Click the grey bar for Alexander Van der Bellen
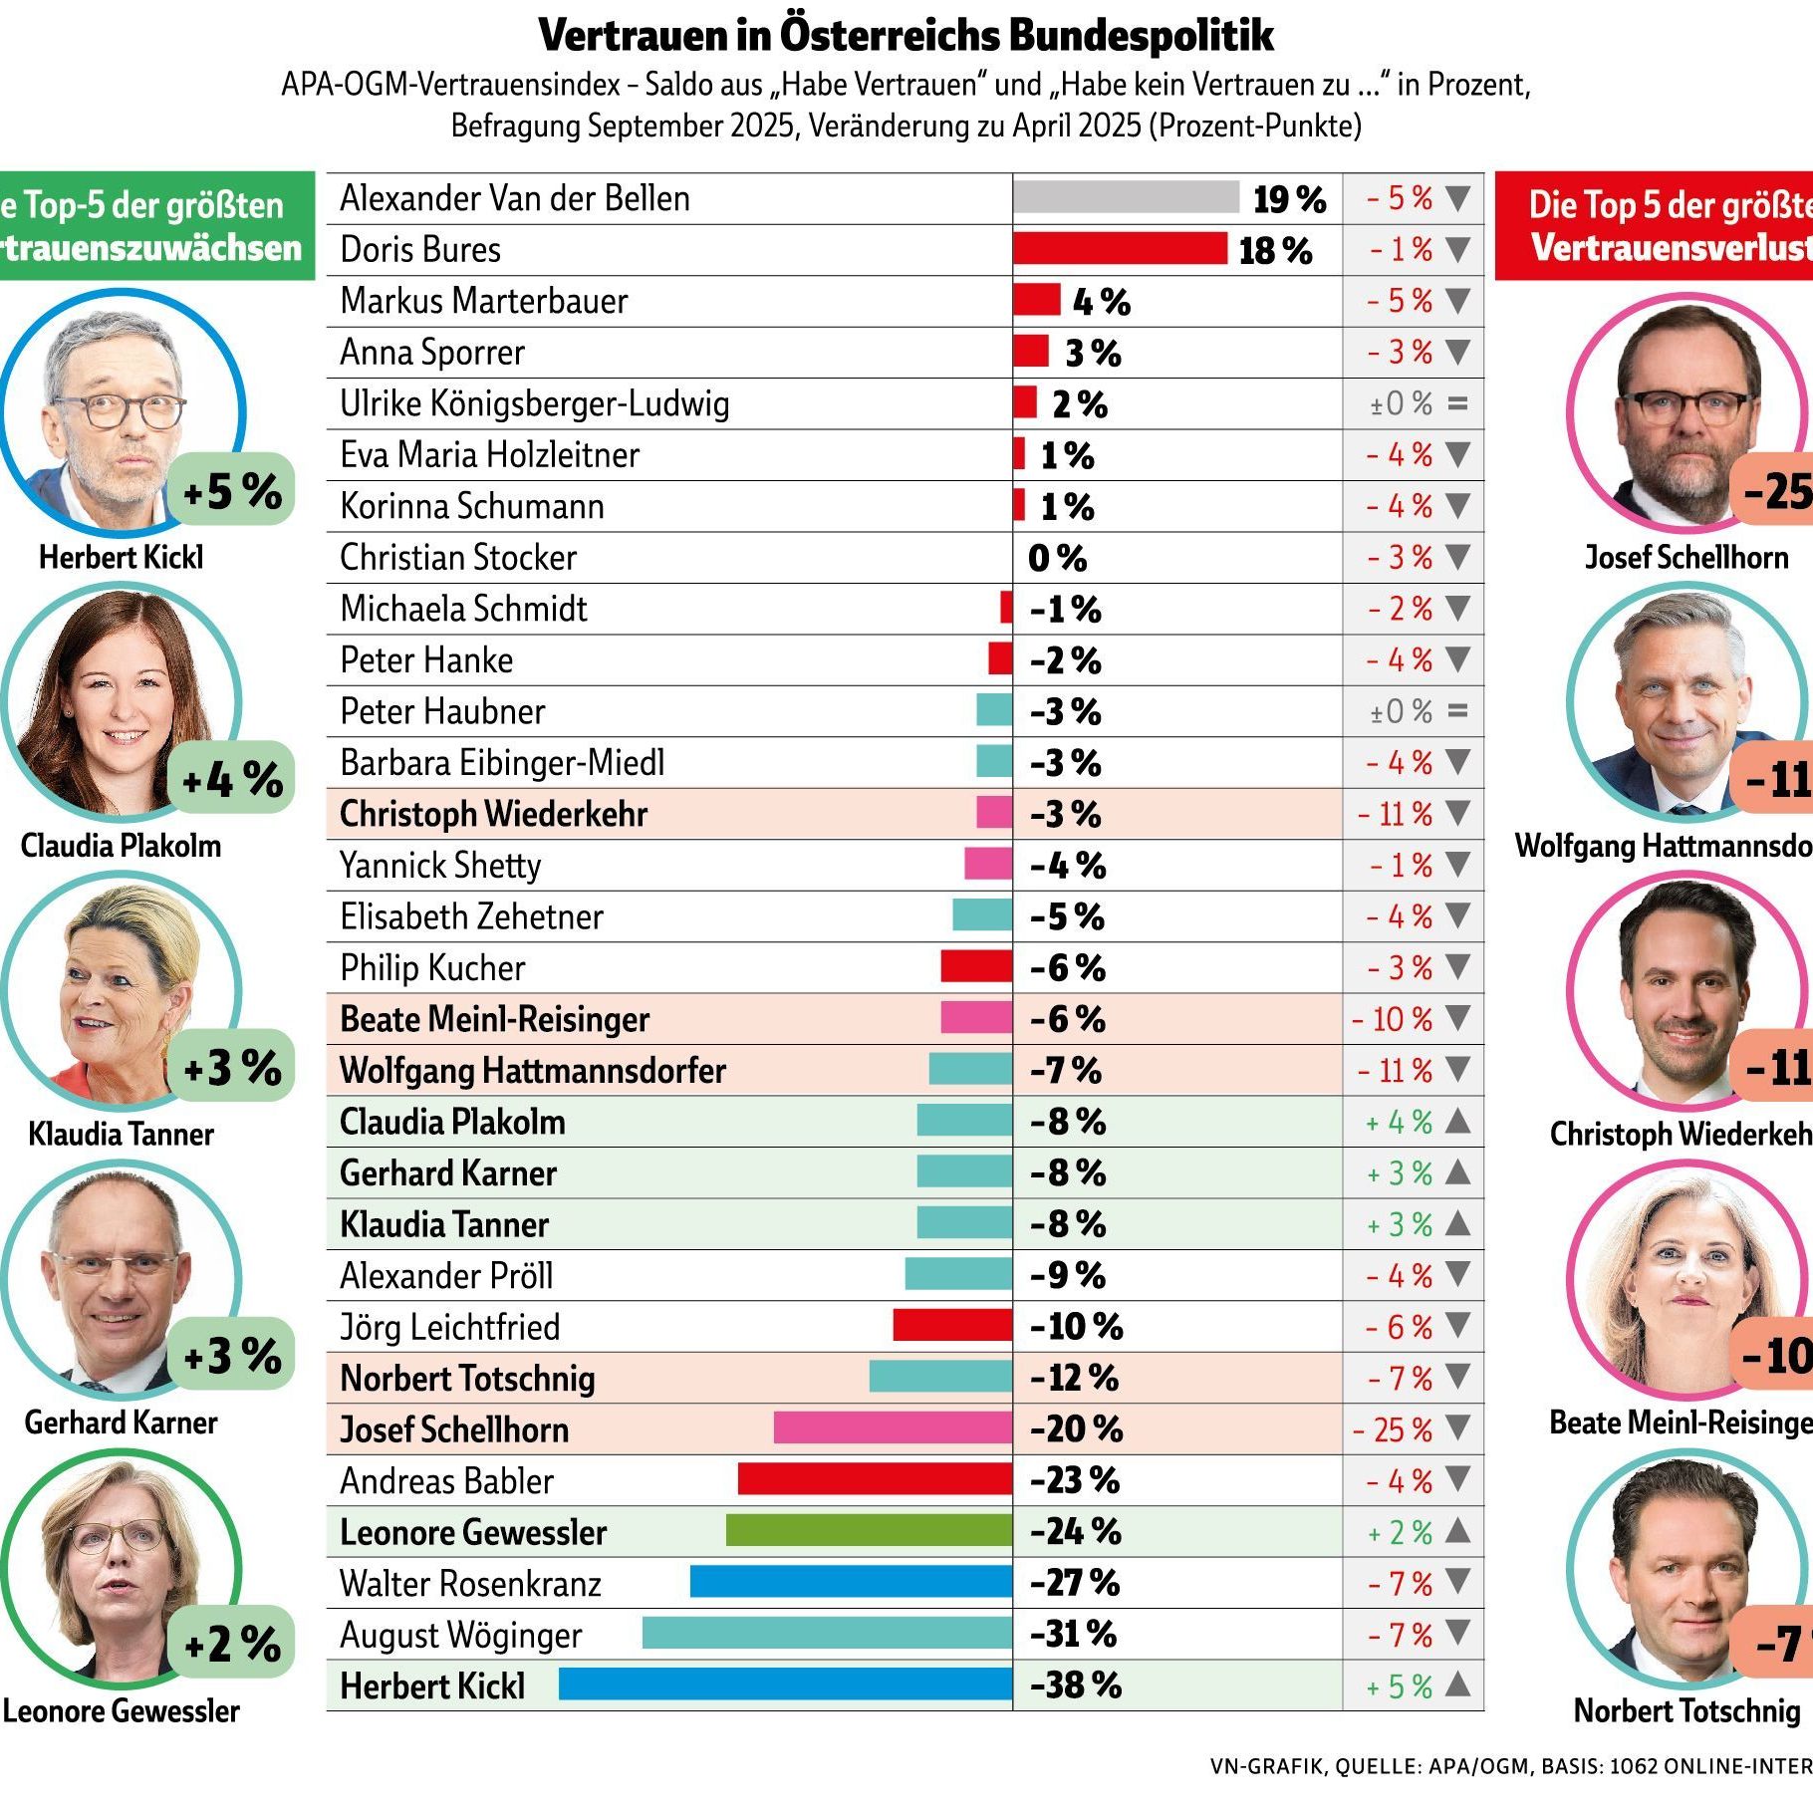coord(1126,197)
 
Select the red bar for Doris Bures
coord(1120,249)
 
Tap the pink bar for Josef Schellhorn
coord(893,1428)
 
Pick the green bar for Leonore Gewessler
coord(869,1531)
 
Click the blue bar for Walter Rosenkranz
coord(851,1582)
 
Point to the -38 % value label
coord(1076,1685)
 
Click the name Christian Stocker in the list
coord(458,557)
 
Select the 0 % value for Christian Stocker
coord(1057,558)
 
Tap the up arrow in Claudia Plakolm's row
coord(1457,1122)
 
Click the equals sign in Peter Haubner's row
coord(1457,711)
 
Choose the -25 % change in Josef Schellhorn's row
coord(1393,1429)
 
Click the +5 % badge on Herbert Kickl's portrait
coord(232,490)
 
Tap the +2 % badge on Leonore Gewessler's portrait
coord(232,1644)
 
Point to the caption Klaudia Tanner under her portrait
coord(121,1134)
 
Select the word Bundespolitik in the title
coord(1141,36)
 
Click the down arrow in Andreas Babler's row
coord(1457,1480)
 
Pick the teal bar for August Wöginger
coord(827,1634)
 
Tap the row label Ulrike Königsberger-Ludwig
coord(535,403)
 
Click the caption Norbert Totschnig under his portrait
coord(1686,1710)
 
